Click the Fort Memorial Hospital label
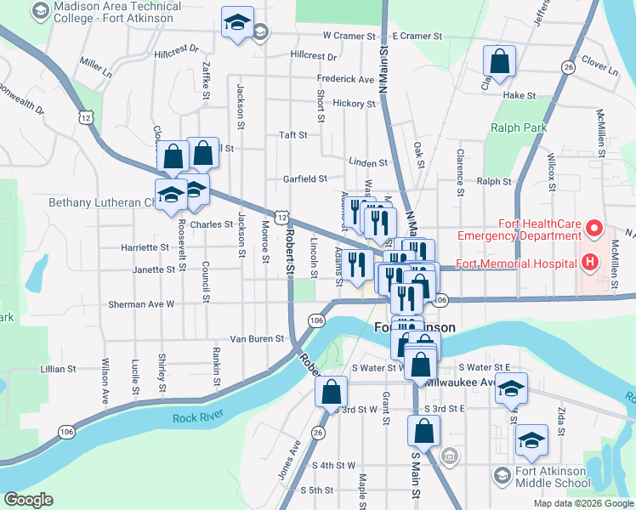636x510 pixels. (x=515, y=263)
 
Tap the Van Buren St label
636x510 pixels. (x=257, y=338)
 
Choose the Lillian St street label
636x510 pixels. (x=59, y=370)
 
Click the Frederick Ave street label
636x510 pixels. (x=345, y=79)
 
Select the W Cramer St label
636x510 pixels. (x=349, y=37)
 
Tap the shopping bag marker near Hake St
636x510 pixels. (x=499, y=61)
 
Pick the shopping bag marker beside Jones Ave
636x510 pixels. (x=331, y=393)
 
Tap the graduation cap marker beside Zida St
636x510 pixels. (x=531, y=440)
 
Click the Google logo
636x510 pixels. (x=29, y=500)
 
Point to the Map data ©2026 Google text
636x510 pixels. (x=582, y=503)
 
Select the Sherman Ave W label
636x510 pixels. (x=141, y=303)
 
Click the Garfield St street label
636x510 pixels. (x=305, y=178)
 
